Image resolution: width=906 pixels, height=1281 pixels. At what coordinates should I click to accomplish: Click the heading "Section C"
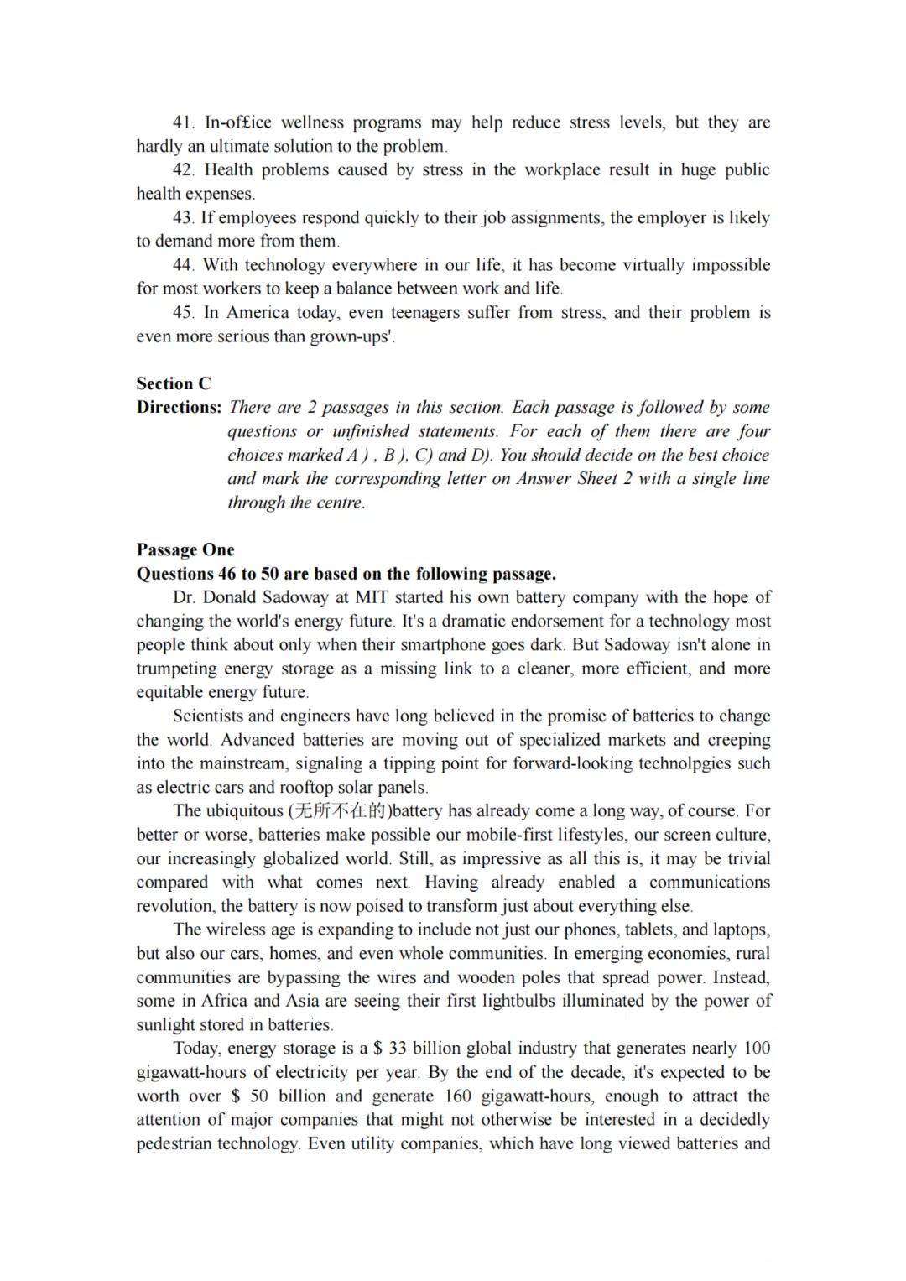coord(174,383)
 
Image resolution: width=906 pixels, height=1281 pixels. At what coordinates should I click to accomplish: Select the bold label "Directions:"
coord(179,408)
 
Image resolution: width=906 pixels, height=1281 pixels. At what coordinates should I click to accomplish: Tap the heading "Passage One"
coord(185,550)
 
